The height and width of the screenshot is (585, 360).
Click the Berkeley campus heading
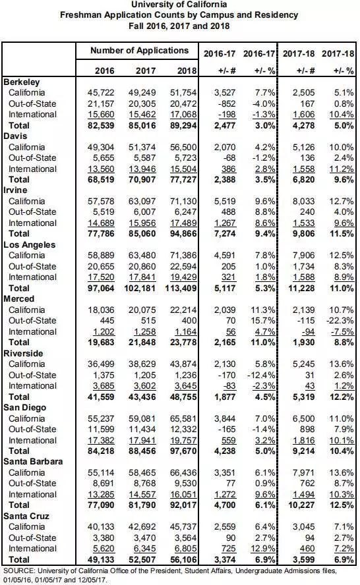(x=22, y=82)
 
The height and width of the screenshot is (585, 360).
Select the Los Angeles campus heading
(x=30, y=245)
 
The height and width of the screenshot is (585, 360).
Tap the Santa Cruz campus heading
(x=26, y=516)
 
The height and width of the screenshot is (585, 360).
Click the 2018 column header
(x=187, y=70)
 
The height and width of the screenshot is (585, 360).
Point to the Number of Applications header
(x=139, y=50)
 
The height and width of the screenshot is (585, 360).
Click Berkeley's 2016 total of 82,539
(x=101, y=125)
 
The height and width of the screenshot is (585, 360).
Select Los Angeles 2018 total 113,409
(x=181, y=288)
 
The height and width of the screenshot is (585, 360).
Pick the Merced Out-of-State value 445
(x=107, y=320)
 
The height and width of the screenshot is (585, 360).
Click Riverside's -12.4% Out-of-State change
(x=261, y=375)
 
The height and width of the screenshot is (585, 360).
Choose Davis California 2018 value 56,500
(x=183, y=147)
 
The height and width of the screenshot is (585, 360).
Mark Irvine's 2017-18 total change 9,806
(x=301, y=234)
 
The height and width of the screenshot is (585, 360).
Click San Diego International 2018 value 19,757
(x=183, y=440)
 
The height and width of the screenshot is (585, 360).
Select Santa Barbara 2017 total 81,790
(x=142, y=505)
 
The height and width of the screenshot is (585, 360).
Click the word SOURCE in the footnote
(x=19, y=571)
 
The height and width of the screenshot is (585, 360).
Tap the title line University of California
(x=179, y=5)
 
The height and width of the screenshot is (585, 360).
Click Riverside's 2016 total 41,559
(x=101, y=397)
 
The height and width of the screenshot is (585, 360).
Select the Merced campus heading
(x=18, y=299)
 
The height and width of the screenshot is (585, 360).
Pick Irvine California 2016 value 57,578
(x=101, y=201)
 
